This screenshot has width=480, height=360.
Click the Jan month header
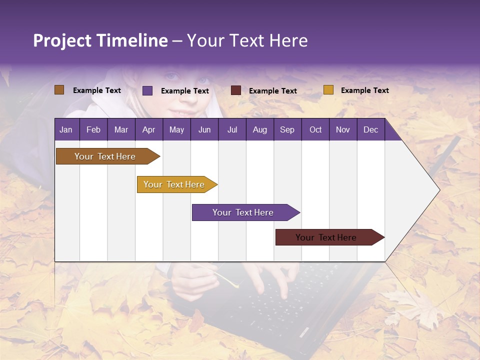pyautogui.click(x=66, y=129)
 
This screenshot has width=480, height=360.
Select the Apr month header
pyautogui.click(x=148, y=129)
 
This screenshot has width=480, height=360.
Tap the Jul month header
pyautogui.click(x=232, y=129)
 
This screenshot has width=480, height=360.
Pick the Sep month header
pyautogui.click(x=287, y=129)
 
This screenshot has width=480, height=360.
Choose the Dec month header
pyautogui.click(x=370, y=129)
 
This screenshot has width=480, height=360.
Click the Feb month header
pyautogui.click(x=93, y=129)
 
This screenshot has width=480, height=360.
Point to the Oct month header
pyautogui.click(x=315, y=129)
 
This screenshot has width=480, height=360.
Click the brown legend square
pyautogui.click(x=59, y=90)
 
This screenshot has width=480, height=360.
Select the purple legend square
pyautogui.click(x=147, y=90)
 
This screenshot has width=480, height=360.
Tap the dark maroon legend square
pyautogui.click(x=236, y=90)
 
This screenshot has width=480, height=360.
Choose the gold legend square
pyautogui.click(x=328, y=90)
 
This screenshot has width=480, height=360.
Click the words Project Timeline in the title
pyautogui.click(x=100, y=40)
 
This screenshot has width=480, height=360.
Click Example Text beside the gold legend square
pyautogui.click(x=364, y=90)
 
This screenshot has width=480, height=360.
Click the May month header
pyautogui.click(x=176, y=129)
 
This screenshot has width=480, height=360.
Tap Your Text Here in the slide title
pyautogui.click(x=247, y=40)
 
